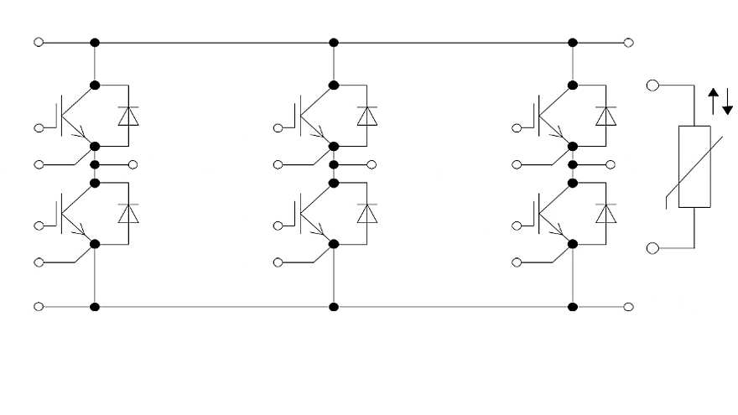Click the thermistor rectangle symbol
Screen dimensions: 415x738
coord(694,166)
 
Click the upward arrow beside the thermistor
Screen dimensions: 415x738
coord(714,101)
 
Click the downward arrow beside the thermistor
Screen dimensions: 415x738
coord(727,101)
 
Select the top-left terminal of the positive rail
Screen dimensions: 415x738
coord(38,42)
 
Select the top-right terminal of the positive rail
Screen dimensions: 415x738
coord(629,42)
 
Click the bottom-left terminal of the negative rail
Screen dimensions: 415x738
coord(38,307)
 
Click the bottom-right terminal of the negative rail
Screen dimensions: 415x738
coord(629,307)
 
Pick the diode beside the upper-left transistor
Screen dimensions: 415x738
coord(128,116)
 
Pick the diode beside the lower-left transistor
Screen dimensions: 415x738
coord(128,213)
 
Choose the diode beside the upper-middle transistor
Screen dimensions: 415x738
coord(367,116)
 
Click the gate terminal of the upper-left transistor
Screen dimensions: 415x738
coord(38,127)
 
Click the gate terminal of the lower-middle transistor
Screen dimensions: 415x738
coord(277,225)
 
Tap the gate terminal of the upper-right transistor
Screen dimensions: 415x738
coord(516,127)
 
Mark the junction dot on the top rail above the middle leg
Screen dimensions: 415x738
coord(334,42)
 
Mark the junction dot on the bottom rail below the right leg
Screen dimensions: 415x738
coord(573,307)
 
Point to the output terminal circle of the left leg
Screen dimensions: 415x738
coord(133,163)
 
